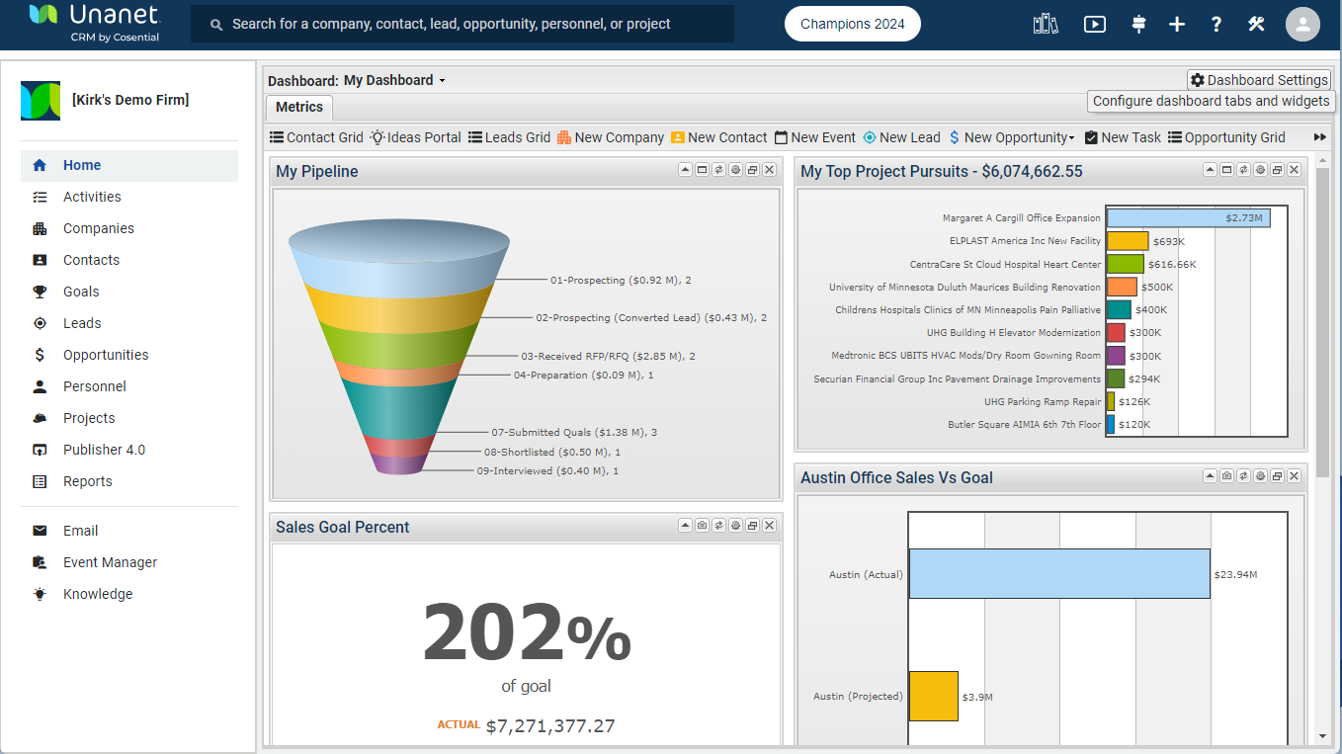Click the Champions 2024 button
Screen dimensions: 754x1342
pos(852,25)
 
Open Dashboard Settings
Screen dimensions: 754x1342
pos(1259,80)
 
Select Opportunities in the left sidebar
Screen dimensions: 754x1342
pos(105,355)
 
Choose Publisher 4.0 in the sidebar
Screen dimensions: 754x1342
pos(104,450)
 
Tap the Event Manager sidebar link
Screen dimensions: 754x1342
pos(110,562)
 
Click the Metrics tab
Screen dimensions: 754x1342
pos(298,107)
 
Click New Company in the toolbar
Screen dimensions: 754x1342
pos(611,137)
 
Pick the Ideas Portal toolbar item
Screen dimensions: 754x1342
pos(416,137)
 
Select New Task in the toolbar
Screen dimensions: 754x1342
pos(1123,137)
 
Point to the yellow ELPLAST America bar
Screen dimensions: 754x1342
pos(1127,241)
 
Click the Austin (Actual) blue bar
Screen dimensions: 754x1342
pos(1058,574)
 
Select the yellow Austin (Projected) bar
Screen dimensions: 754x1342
pos(933,696)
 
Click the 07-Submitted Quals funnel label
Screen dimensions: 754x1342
pos(574,432)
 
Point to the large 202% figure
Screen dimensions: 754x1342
pos(526,634)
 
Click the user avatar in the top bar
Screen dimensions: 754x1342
pos(1302,25)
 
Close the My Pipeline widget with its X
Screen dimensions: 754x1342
pos(769,170)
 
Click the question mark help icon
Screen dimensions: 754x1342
pos(1216,25)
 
